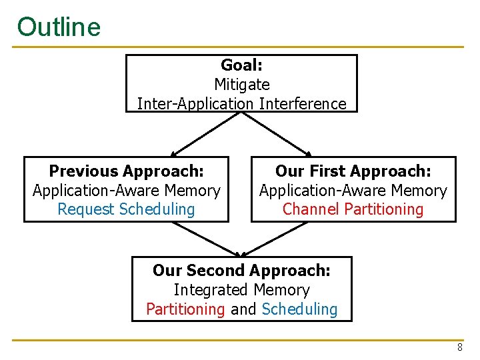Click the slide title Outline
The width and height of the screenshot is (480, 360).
tap(59, 27)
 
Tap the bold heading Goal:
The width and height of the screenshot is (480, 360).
tap(241, 65)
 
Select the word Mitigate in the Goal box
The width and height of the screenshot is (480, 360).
tap(241, 85)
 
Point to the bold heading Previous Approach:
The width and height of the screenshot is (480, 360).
tap(126, 171)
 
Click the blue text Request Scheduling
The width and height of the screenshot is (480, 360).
tap(126, 209)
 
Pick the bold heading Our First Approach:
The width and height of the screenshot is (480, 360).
tap(353, 171)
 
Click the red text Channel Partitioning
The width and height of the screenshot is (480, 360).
tap(353, 209)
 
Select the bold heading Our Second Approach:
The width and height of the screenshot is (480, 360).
tap(241, 271)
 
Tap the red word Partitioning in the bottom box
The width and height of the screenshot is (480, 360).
tap(185, 309)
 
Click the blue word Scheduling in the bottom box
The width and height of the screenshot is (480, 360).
tap(299, 309)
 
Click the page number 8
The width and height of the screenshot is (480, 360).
tap(459, 347)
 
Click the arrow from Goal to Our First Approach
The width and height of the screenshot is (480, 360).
tap(277, 134)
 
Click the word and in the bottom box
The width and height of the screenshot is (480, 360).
tap(243, 309)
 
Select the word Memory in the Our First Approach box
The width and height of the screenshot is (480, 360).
tap(420, 191)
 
